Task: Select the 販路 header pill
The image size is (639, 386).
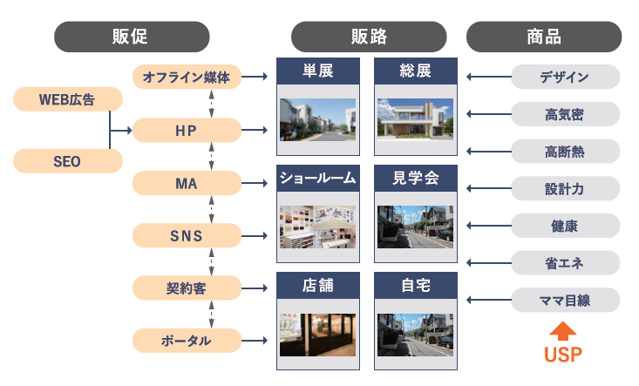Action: click(x=369, y=37)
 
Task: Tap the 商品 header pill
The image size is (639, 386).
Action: click(x=544, y=37)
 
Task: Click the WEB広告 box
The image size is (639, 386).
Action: click(x=67, y=99)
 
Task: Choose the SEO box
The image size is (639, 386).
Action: click(x=67, y=161)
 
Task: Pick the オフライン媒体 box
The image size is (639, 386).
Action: click(x=187, y=77)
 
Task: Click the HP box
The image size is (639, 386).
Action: click(x=187, y=131)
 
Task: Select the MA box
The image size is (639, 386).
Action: click(x=187, y=183)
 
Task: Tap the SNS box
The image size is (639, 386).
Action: click(x=187, y=234)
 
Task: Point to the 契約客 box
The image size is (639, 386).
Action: click(x=187, y=287)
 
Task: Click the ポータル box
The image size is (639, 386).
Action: click(x=187, y=340)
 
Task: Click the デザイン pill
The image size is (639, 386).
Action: click(x=565, y=77)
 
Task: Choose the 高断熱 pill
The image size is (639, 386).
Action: click(x=565, y=152)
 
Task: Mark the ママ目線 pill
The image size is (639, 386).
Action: click(x=565, y=301)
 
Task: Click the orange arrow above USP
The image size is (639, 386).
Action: click(x=563, y=332)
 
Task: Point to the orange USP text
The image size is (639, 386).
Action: click(x=563, y=355)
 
